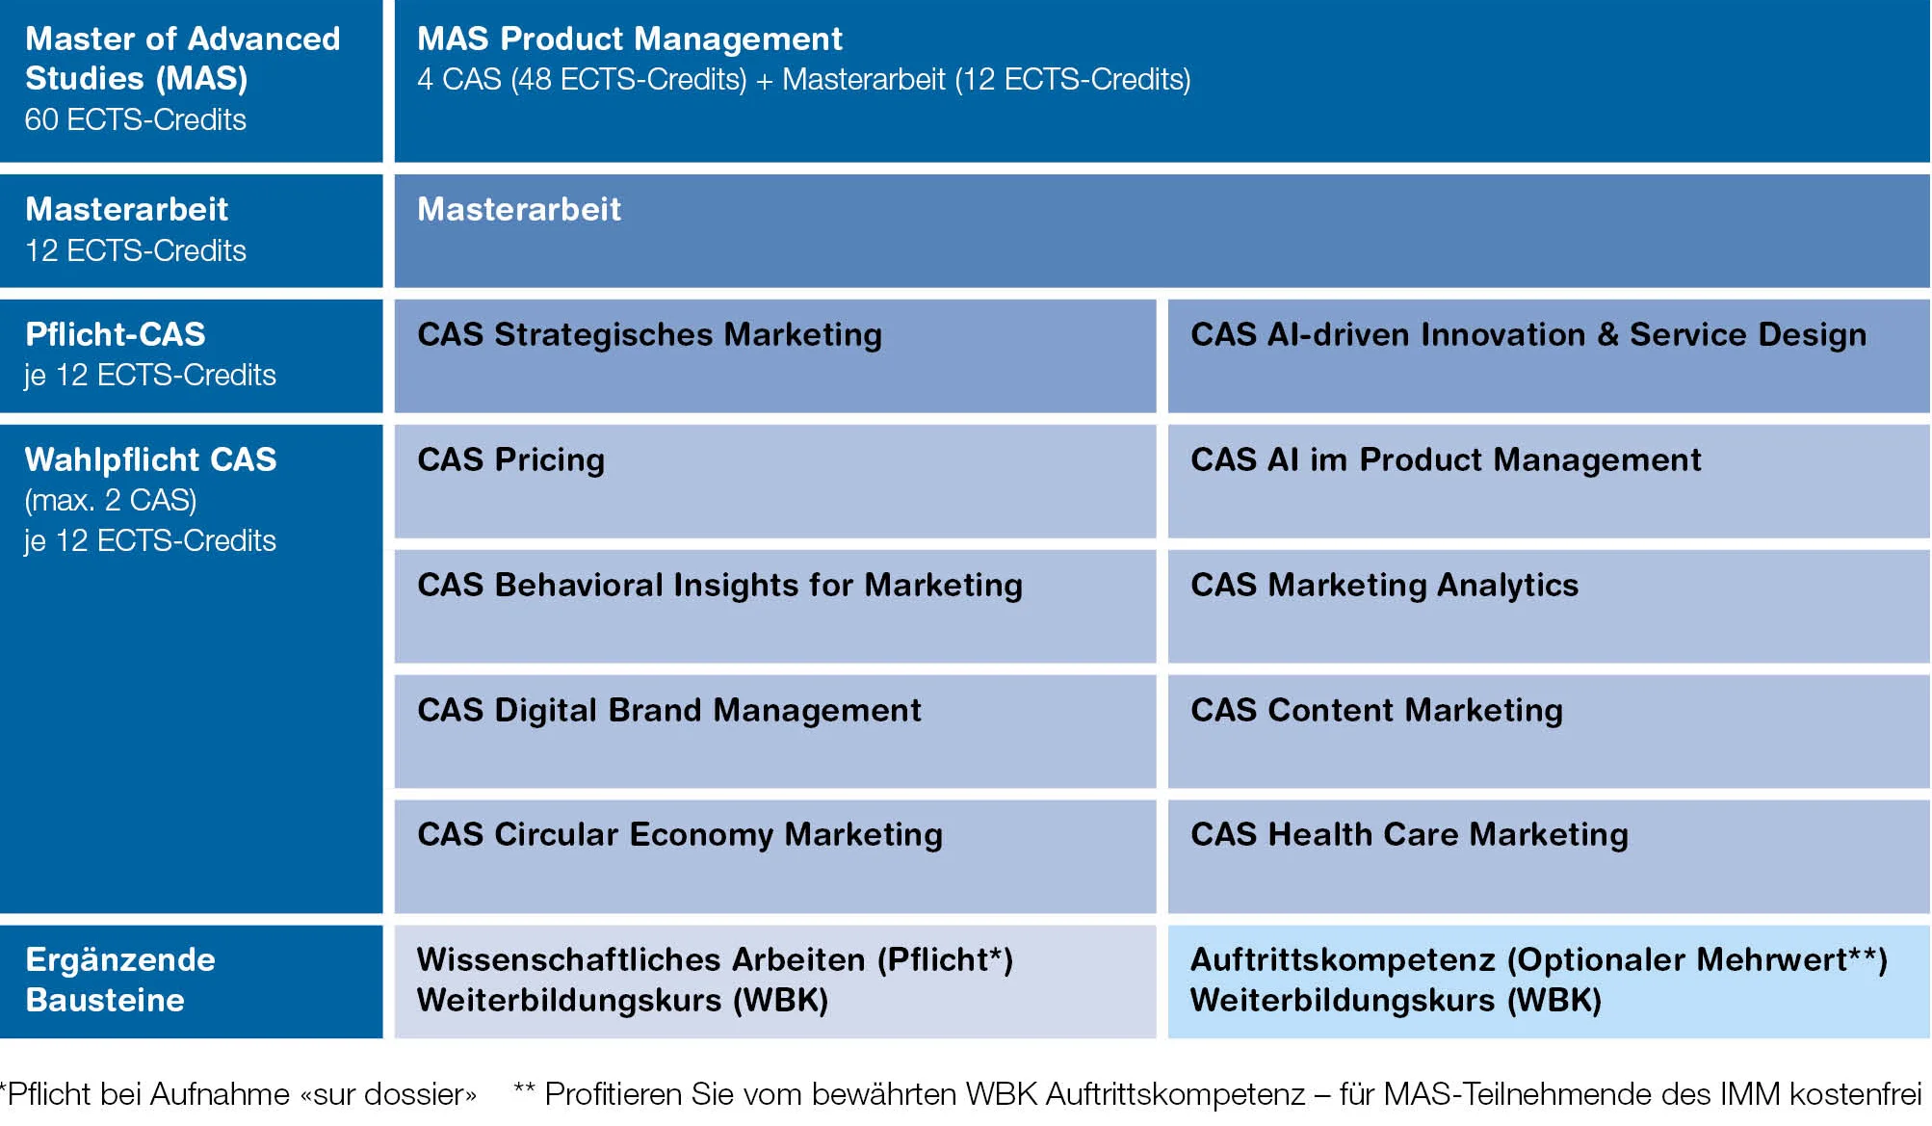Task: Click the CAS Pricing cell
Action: (774, 481)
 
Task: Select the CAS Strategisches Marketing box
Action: (774, 355)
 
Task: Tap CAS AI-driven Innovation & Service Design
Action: (1549, 355)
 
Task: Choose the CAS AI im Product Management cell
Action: (1549, 481)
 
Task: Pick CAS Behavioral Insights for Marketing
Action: (774, 606)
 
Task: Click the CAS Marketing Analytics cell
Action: (1549, 606)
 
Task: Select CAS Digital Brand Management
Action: (774, 731)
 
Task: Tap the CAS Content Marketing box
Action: (1549, 731)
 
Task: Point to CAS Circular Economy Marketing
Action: (774, 856)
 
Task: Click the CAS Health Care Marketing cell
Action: (1549, 856)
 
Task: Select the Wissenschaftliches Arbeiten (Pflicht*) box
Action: (774, 982)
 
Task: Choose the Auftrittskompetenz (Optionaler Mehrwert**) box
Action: (1549, 982)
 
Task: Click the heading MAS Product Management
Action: (629, 39)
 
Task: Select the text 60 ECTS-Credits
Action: (135, 119)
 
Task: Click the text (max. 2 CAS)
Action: (111, 501)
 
